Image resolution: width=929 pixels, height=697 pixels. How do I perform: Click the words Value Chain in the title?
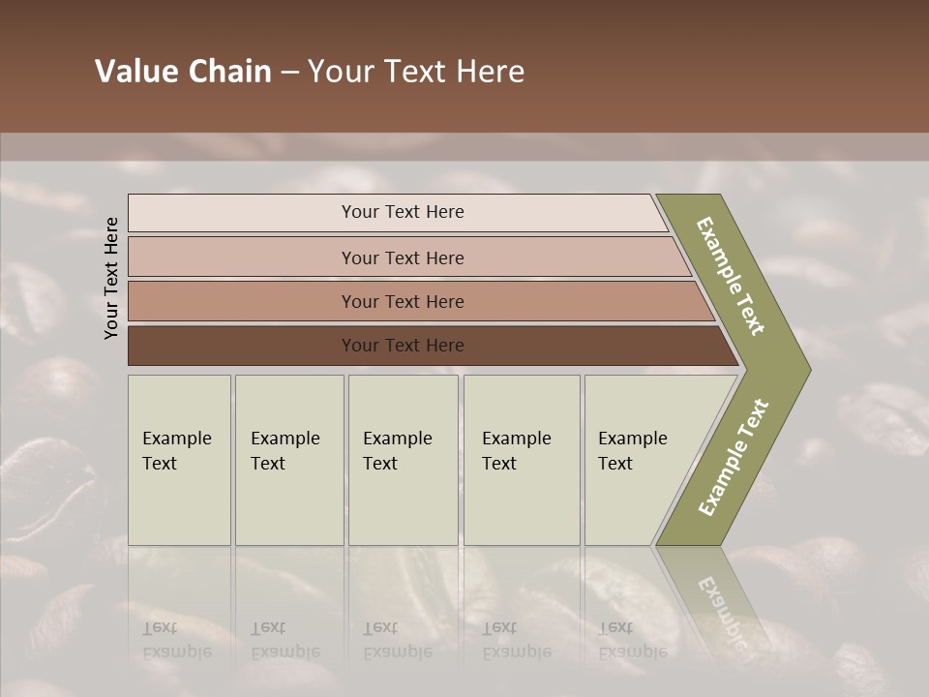tap(183, 72)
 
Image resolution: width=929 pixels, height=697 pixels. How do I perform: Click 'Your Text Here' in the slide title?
tap(416, 72)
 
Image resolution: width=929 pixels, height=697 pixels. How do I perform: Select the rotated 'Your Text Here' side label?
tap(111, 278)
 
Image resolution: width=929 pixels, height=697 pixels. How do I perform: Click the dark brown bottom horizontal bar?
tap(242, 346)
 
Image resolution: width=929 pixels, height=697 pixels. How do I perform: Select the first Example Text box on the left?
tap(179, 461)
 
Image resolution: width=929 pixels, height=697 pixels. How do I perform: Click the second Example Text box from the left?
tap(289, 461)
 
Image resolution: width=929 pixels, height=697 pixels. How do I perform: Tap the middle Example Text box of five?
tap(403, 461)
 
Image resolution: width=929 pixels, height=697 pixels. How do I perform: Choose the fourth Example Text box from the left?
tap(522, 461)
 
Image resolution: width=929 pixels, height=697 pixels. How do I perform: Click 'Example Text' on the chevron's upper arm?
tap(732, 276)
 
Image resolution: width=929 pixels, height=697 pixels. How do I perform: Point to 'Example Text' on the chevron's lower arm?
tap(734, 458)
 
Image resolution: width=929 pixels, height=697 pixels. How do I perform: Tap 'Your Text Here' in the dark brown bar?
tap(403, 346)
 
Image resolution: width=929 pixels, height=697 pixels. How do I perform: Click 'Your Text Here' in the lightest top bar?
tap(403, 212)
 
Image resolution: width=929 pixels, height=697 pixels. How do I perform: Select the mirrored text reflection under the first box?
tap(176, 640)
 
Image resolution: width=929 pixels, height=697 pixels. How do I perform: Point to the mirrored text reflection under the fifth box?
tap(632, 640)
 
